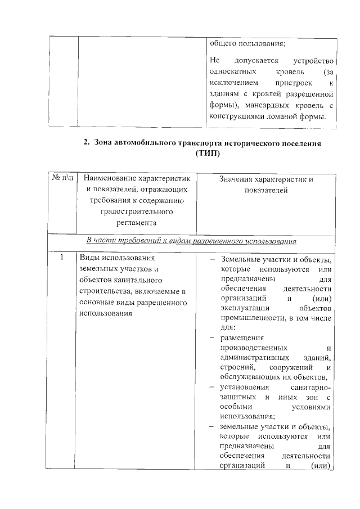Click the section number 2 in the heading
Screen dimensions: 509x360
pyautogui.click(x=86, y=143)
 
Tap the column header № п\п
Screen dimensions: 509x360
pyautogui.click(x=63, y=178)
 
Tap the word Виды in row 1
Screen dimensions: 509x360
pyautogui.click(x=88, y=258)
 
